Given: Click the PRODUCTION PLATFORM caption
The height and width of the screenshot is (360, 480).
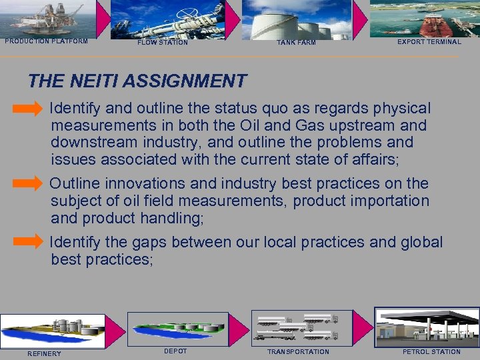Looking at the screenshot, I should [47, 41].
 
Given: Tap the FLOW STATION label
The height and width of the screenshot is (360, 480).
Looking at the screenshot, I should [163, 43].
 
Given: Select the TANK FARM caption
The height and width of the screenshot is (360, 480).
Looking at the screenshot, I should [296, 43].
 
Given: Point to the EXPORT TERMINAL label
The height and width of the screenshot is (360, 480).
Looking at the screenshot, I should [429, 42].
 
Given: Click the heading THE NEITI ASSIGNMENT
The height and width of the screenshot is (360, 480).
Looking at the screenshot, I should [137, 81].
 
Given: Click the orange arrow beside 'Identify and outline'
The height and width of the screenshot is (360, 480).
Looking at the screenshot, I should [28, 108].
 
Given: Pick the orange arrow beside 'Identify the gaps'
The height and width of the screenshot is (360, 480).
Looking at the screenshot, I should [28, 242].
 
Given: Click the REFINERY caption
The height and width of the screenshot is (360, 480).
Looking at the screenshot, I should [44, 353].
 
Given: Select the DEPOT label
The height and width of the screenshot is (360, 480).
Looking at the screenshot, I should [175, 351].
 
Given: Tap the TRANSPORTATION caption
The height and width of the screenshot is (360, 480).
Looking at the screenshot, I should [298, 352].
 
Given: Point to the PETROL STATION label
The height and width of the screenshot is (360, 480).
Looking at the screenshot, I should [431, 352].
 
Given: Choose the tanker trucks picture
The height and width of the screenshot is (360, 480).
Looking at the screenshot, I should [297, 327].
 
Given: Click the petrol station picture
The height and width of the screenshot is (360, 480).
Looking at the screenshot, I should [427, 327].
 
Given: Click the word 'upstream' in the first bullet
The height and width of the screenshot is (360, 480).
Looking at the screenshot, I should [357, 125].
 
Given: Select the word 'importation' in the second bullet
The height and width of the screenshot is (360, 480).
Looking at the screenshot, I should [391, 201].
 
